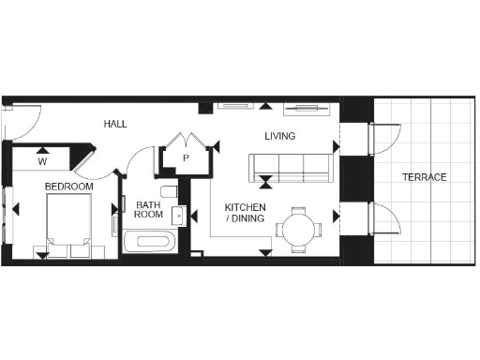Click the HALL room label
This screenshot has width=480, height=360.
coord(115,124)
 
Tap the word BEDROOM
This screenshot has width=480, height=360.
coord(69,187)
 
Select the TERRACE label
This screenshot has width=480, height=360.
coord(424,177)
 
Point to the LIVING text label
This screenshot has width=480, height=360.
coord(279,137)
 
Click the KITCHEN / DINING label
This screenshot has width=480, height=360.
coord(245,213)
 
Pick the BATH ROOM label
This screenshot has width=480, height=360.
coord(148,209)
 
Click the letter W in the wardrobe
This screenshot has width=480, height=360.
coord(42,161)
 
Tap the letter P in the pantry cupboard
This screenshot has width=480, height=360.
coord(186,158)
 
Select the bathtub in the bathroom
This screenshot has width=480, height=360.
coord(148,241)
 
